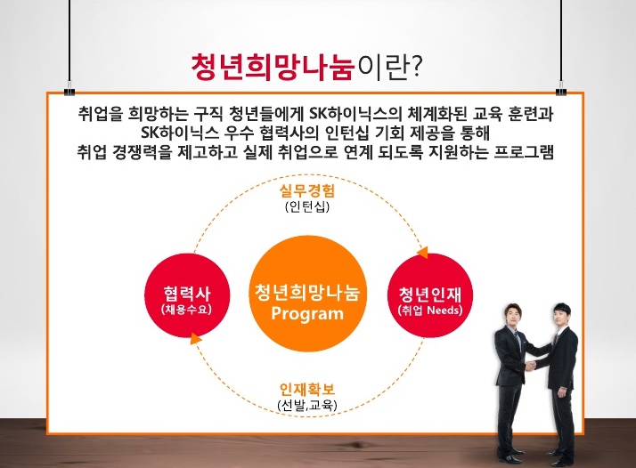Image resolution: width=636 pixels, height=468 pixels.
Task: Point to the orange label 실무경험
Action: pyautogui.click(x=306, y=191)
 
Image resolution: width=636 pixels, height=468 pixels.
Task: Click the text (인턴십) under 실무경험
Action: pyautogui.click(x=306, y=207)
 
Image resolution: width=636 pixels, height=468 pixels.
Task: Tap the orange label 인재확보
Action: pyautogui.click(x=306, y=391)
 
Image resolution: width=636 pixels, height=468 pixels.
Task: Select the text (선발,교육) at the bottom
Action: pyautogui.click(x=306, y=407)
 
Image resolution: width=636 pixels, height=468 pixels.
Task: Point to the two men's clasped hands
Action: pyautogui.click(x=530, y=366)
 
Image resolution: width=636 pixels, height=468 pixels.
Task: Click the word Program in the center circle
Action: pyautogui.click(x=306, y=314)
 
